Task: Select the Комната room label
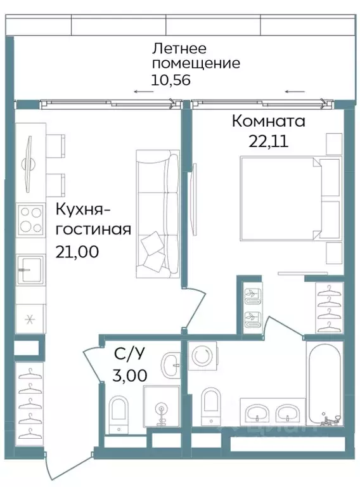point(269,120)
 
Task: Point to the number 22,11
point(268,141)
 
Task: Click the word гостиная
point(93,229)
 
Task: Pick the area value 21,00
point(77,251)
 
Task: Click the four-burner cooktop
point(30,220)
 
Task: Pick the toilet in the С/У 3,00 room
point(119,412)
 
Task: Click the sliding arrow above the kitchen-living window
point(143,93)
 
